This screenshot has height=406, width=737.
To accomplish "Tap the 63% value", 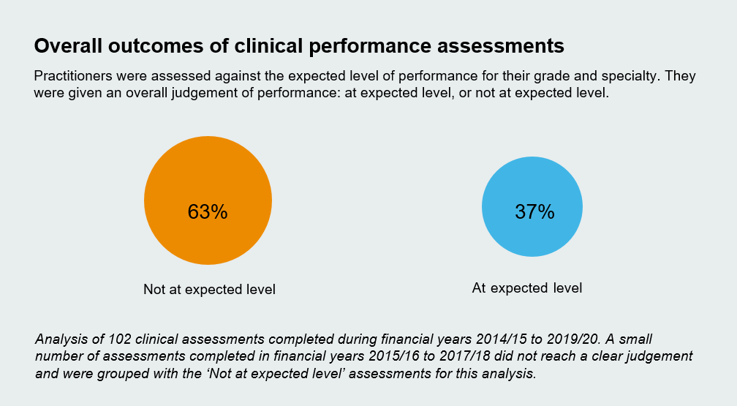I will pos(208,212).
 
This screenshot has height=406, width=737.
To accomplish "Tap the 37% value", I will pos(534,212).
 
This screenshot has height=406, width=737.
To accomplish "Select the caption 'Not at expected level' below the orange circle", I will pos(209,290).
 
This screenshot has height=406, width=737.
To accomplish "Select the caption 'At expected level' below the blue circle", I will pos(527,288).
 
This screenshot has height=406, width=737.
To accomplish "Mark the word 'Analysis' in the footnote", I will pos(61,339).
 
